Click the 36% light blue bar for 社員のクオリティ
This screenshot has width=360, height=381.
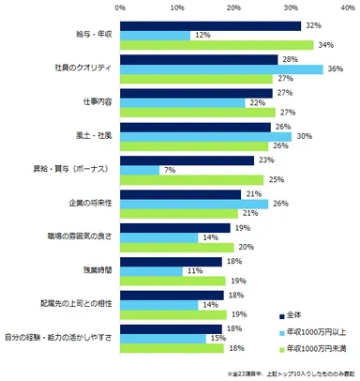221,69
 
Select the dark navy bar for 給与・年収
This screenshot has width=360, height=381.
210,25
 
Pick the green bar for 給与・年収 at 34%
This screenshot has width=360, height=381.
216,44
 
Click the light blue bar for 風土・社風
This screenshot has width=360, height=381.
204,136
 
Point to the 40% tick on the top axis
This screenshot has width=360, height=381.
347,7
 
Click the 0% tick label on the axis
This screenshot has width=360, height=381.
120,7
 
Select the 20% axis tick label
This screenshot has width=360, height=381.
232,7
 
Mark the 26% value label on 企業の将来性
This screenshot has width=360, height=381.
278,204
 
